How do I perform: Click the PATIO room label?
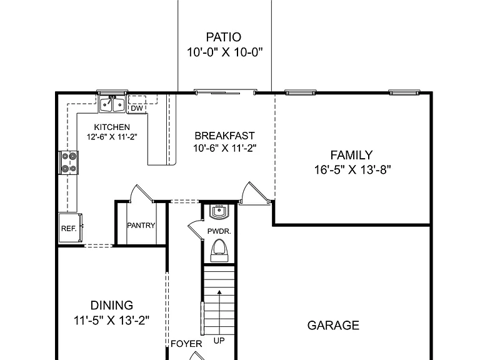pyautogui.click(x=224, y=37)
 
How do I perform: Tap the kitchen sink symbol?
pyautogui.click(x=112, y=104)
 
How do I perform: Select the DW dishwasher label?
pyautogui.click(x=137, y=108)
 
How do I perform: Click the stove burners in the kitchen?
pyautogui.click(x=69, y=162)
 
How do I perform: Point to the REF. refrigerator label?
pyautogui.click(x=69, y=229)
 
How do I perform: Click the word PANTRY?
pyautogui.click(x=141, y=225)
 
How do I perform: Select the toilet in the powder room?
pyautogui.click(x=219, y=251)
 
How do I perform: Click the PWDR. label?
pyautogui.click(x=219, y=231)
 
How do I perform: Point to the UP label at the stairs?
pyautogui.click(x=219, y=341)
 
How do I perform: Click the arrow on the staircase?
pyautogui.click(x=219, y=312)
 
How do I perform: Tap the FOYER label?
pyautogui.click(x=186, y=344)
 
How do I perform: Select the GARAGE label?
pyautogui.click(x=333, y=326)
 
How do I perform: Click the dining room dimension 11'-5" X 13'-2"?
pyautogui.click(x=111, y=321)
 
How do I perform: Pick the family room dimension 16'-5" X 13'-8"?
pyautogui.click(x=352, y=169)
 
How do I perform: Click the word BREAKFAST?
pyautogui.click(x=225, y=136)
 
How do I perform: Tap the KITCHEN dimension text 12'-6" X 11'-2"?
pyautogui.click(x=112, y=136)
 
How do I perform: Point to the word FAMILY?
pyautogui.click(x=351, y=155)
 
